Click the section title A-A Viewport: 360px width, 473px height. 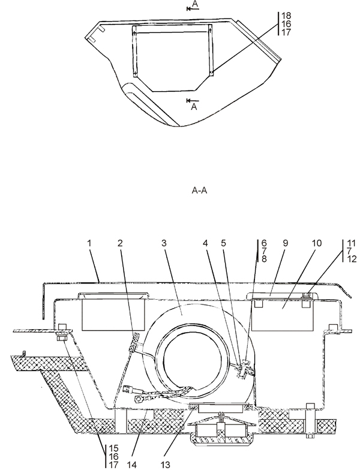click(200, 191)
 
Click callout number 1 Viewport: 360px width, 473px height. click(89, 243)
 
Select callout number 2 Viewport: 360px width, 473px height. click(120, 243)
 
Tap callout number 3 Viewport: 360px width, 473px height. click(164, 243)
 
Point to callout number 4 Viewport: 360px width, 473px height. click(205, 243)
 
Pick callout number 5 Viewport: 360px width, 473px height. click(223, 243)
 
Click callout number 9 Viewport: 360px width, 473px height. click(286, 243)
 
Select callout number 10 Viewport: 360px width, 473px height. click(317, 243)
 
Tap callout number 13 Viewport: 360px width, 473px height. click(166, 464)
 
